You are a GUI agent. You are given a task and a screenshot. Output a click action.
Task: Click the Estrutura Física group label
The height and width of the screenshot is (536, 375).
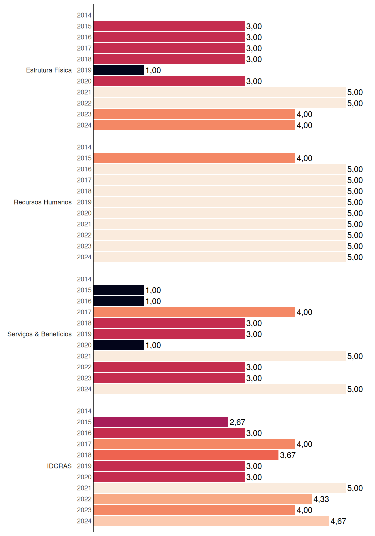pyautogui.click(x=49, y=70)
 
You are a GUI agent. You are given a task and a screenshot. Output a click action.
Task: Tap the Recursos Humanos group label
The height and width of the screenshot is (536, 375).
pyautogui.click(x=43, y=202)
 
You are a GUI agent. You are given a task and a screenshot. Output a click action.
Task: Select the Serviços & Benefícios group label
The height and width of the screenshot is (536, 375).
pyautogui.click(x=39, y=334)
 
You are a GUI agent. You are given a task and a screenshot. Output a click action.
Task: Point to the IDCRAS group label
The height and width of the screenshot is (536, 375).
pyautogui.click(x=59, y=466)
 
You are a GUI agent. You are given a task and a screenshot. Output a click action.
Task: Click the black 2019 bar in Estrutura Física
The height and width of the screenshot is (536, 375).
pyautogui.click(x=119, y=70)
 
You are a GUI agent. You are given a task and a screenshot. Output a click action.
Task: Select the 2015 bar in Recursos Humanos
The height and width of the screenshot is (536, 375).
pyautogui.click(x=194, y=158)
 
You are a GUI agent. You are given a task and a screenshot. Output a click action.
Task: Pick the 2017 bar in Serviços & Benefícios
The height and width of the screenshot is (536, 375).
pyautogui.click(x=194, y=312)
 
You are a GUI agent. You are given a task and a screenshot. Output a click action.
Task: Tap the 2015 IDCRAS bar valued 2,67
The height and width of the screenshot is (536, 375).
pyautogui.click(x=161, y=422)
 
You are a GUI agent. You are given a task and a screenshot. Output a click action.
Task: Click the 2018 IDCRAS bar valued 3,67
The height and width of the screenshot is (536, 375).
pyautogui.click(x=186, y=455)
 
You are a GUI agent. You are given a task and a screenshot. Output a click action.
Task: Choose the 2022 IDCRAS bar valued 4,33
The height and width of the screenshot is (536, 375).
pyautogui.click(x=203, y=499)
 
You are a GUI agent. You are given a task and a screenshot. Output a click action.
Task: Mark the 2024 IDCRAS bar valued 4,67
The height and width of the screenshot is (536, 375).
pyautogui.click(x=211, y=521)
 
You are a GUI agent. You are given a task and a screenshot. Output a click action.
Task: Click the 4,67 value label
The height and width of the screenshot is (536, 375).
pyautogui.click(x=338, y=521)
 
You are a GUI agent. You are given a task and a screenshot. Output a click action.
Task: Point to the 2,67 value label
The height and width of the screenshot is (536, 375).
pyautogui.click(x=237, y=422)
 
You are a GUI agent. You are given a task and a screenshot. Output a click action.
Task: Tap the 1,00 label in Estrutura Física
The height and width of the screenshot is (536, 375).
pyautogui.click(x=153, y=70)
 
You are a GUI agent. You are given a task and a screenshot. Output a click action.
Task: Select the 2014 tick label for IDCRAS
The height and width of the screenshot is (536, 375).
pyautogui.click(x=84, y=411)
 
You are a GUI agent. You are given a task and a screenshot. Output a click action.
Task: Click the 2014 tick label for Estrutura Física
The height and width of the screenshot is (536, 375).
pyautogui.click(x=84, y=15)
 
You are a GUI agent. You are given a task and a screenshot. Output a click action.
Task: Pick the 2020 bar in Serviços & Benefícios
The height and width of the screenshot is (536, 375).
pyautogui.click(x=119, y=345)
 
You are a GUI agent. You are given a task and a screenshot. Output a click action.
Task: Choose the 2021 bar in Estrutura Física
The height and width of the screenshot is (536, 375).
pyautogui.click(x=220, y=92)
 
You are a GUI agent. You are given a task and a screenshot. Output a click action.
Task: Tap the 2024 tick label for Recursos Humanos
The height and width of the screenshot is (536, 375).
pyautogui.click(x=84, y=257)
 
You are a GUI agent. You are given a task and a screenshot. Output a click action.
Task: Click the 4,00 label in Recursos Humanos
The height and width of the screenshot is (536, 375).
pyautogui.click(x=304, y=158)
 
